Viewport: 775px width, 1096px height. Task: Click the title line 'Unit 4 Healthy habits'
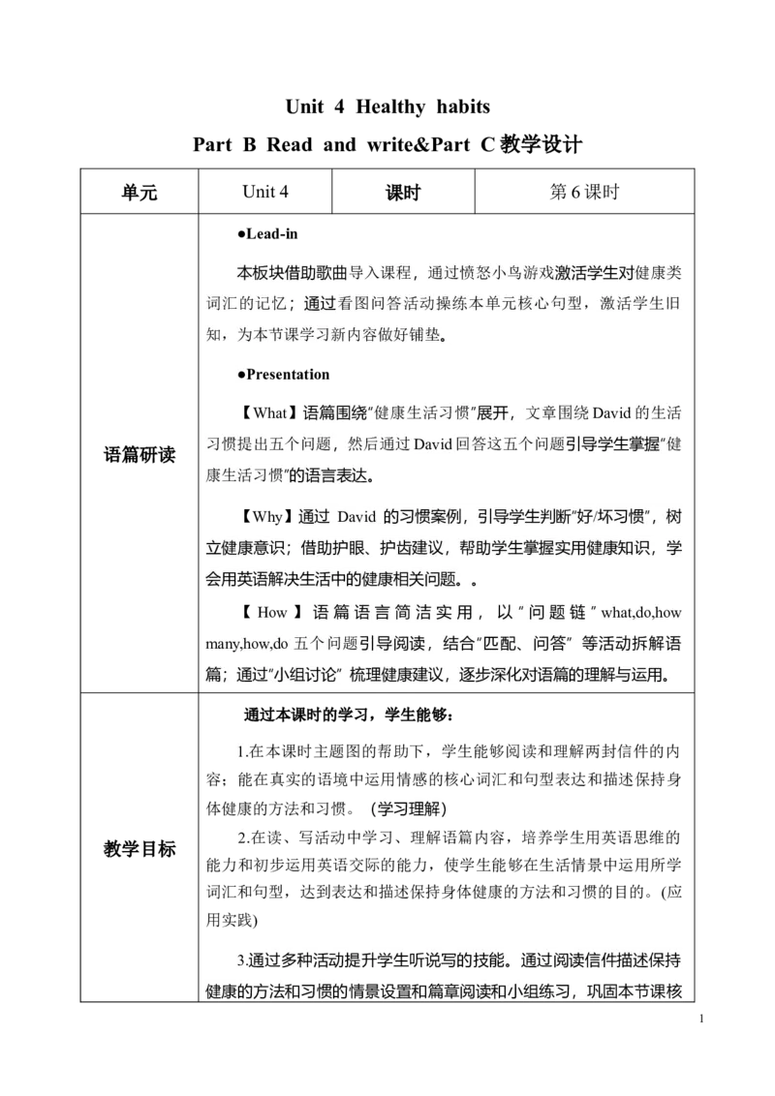click(x=387, y=107)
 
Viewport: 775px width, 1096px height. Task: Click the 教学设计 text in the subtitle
click(x=541, y=144)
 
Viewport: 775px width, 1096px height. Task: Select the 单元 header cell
click(x=139, y=192)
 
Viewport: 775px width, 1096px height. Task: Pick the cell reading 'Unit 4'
click(x=265, y=192)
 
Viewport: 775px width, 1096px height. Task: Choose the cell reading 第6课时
click(x=585, y=192)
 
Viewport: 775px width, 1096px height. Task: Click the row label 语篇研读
click(x=139, y=455)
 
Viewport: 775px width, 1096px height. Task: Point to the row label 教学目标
click(x=139, y=849)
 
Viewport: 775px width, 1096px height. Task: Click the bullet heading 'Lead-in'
click(x=268, y=234)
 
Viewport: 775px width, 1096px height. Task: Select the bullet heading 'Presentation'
click(x=283, y=375)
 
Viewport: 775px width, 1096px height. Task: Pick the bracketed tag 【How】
click(x=271, y=612)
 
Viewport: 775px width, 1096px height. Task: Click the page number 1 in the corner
click(x=700, y=1019)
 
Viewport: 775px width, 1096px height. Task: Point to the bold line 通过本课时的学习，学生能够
click(x=349, y=715)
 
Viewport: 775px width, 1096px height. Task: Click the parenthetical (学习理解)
click(x=409, y=808)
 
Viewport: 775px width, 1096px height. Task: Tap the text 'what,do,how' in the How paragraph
click(x=640, y=612)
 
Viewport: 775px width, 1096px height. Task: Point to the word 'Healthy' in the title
click(x=390, y=107)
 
